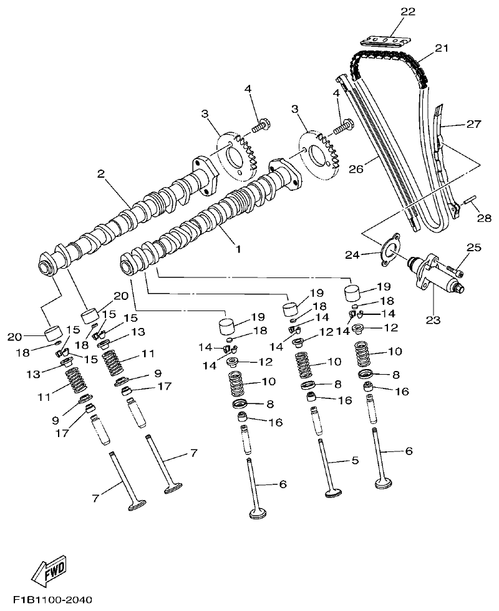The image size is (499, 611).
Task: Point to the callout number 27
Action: click(473, 124)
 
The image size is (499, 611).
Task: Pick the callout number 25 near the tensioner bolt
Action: click(473, 248)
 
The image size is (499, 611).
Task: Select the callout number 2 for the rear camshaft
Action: click(100, 174)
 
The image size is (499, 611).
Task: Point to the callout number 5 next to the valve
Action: click(354, 461)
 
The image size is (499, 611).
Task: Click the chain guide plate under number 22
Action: click(384, 41)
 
